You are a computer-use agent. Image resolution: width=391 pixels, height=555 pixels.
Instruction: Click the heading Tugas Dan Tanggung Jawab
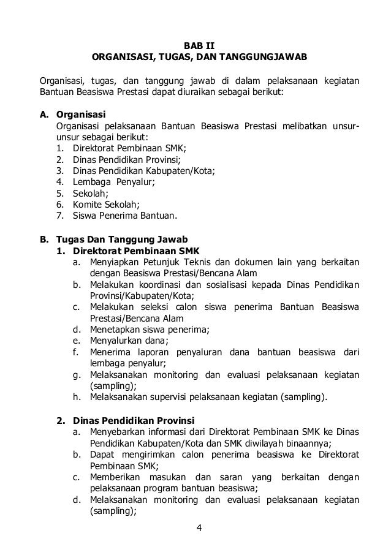click(122, 239)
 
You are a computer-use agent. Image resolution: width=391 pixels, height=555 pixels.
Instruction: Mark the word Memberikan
click(116, 477)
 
